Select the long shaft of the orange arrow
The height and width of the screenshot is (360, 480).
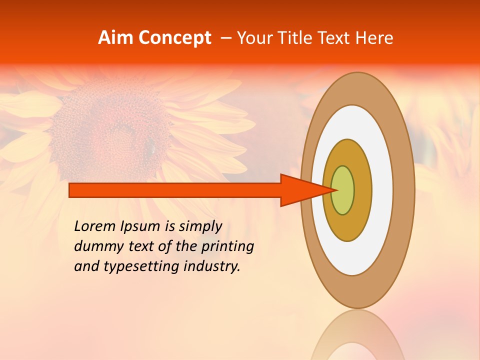click(175, 190)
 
